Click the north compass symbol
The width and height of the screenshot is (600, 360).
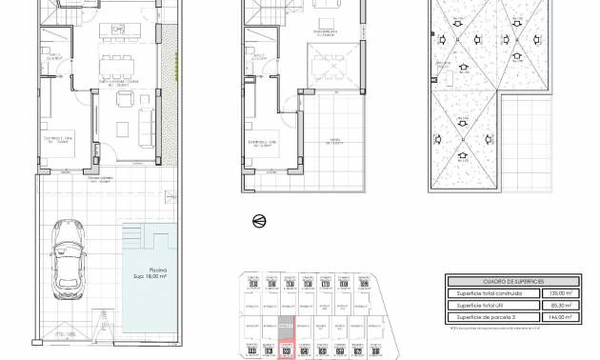click(258, 221)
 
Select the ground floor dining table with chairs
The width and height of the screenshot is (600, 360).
click(120, 69)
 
